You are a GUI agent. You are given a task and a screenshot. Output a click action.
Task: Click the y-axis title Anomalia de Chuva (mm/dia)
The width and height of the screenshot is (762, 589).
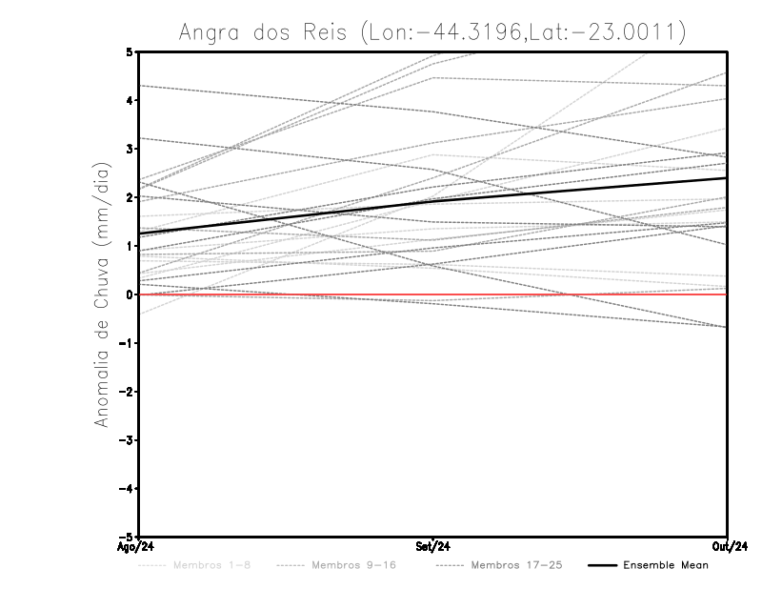pos(102,294)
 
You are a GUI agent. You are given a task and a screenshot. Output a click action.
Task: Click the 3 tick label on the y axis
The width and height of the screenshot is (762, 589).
pos(130,149)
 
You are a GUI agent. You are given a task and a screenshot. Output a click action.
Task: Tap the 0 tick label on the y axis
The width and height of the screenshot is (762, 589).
pos(130,294)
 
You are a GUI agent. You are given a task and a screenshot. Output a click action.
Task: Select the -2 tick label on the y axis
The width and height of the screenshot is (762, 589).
pos(127,392)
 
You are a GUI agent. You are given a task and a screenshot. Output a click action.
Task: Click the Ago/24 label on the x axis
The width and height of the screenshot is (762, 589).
pos(138,547)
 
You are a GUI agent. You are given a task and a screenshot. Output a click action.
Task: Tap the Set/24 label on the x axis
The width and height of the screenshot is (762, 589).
pos(433,547)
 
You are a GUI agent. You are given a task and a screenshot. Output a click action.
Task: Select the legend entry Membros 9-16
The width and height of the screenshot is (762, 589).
pos(353,566)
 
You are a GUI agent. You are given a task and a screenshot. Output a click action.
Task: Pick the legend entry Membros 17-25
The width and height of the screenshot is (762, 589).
pos(516,566)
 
